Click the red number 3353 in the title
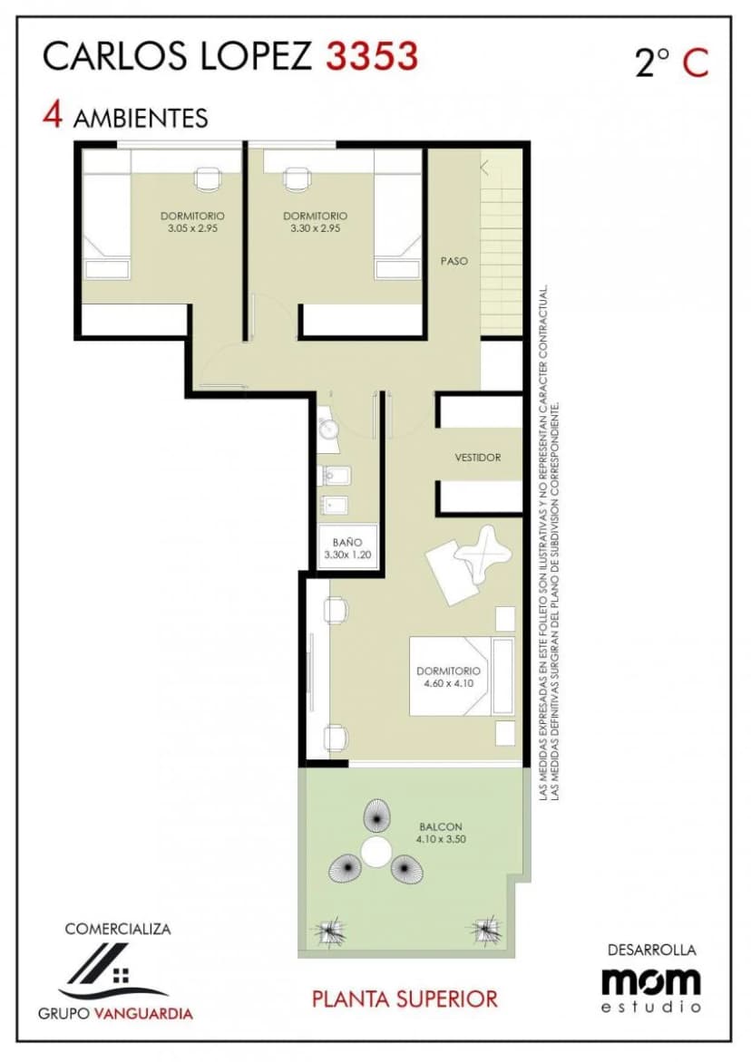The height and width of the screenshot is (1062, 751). tap(372, 56)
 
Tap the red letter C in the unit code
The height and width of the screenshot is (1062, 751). tap(695, 63)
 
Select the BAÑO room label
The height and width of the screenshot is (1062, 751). tap(347, 542)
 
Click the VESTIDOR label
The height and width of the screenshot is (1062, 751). tap(478, 458)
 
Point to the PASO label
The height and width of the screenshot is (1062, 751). tap(454, 261)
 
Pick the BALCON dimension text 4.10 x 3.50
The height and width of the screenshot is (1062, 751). tap(441, 839)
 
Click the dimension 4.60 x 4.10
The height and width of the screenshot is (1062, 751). tap(448, 683)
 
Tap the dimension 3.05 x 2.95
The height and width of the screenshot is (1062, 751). tap(192, 228)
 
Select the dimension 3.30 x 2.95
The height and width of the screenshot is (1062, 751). tap(315, 228)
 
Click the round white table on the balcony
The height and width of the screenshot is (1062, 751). tap(376, 851)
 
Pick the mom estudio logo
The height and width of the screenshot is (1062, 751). tap(650, 989)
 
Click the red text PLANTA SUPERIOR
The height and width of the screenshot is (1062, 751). tap(405, 999)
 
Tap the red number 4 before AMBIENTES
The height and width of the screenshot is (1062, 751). tap(53, 115)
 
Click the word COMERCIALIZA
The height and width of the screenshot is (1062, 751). tap(118, 929)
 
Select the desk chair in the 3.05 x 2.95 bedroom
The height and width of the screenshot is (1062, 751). tap(208, 179)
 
